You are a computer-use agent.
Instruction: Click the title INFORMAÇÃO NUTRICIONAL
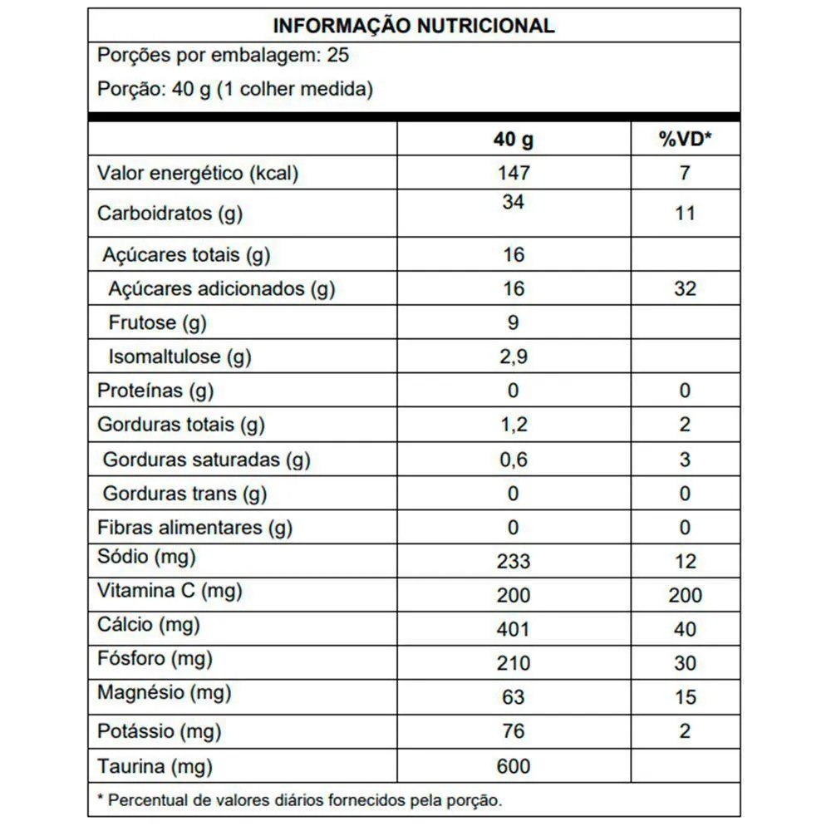pos(414,26)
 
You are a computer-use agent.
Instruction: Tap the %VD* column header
pos(685,140)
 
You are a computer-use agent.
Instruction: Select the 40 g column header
pos(513,140)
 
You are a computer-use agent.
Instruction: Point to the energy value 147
pos(513,174)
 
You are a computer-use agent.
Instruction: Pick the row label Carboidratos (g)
pos(170,214)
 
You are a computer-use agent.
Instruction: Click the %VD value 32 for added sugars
pos(685,289)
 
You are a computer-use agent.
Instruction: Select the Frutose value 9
pos(513,323)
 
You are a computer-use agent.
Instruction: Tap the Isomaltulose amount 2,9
pos(513,357)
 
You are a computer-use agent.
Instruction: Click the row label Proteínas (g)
pos(155,391)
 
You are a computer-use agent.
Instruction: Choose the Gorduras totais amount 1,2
pos(513,425)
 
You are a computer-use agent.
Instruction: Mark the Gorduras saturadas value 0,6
pos(513,460)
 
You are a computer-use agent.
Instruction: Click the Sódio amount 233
pos(513,562)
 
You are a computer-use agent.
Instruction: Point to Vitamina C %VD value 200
pos(685,596)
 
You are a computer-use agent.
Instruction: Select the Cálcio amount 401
pos(513,630)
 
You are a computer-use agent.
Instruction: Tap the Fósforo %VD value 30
pos(685,664)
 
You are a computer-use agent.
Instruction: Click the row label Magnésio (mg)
pos(164,691)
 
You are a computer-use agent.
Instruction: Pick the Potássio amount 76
pos(513,732)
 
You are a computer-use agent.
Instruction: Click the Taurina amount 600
pos(513,766)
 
